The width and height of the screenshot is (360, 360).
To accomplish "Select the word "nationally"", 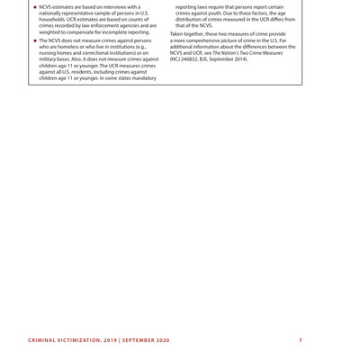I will (53, 13).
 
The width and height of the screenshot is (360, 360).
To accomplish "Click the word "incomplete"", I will (116, 31).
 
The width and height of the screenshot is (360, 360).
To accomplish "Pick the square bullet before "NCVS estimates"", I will (34, 6).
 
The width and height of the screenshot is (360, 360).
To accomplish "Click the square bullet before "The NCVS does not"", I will (34, 40).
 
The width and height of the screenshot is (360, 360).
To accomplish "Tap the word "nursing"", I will (51, 53).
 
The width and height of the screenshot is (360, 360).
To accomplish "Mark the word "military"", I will (51, 59).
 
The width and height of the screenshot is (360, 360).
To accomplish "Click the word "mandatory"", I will (140, 78).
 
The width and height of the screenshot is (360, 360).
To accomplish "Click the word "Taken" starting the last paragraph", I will (179, 34).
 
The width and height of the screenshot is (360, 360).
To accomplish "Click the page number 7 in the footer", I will (300, 339).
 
